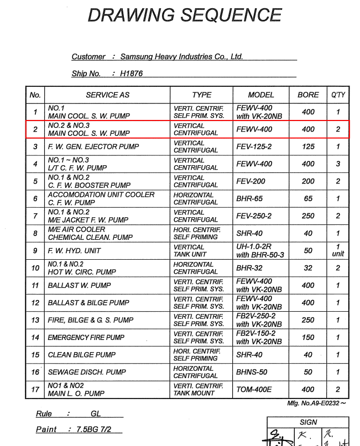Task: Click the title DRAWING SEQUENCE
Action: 184,15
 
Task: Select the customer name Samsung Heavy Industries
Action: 181,56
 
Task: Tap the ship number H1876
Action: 132,74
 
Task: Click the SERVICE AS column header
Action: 107,95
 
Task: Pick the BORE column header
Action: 308,95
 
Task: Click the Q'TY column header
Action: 338,95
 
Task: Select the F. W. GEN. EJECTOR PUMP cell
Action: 93,146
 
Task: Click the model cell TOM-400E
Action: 254,389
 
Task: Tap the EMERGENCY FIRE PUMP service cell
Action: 86,337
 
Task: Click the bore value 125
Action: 308,146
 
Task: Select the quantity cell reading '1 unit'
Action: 338,250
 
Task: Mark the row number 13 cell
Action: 35,320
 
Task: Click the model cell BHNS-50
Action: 252,372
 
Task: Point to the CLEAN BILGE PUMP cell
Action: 82,355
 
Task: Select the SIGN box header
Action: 308,422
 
